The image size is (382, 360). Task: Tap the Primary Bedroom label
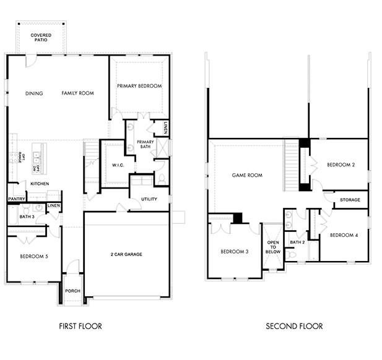pyautogui.click(x=139, y=86)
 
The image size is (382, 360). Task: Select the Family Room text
pyautogui.click(x=77, y=93)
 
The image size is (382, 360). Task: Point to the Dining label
pyautogui.click(x=34, y=93)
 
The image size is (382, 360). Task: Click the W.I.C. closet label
pyautogui.click(x=119, y=165)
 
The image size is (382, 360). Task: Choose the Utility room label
pyautogui.click(x=149, y=199)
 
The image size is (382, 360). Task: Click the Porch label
pyautogui.click(x=72, y=291)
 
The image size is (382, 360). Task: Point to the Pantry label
pyautogui.click(x=16, y=199)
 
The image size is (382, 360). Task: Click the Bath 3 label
pyautogui.click(x=26, y=217)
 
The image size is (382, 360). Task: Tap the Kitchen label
pyautogui.click(x=40, y=184)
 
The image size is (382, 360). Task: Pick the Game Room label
pyautogui.click(x=247, y=175)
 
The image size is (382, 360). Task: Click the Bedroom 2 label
pyautogui.click(x=340, y=165)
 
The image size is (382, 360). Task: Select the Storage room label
pyautogui.click(x=350, y=200)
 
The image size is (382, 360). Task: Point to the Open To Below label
pyautogui.click(x=273, y=247)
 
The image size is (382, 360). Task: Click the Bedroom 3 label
pyautogui.click(x=234, y=252)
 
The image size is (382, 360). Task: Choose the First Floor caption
pyautogui.click(x=80, y=326)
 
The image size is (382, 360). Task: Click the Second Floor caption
pyautogui.click(x=294, y=326)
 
